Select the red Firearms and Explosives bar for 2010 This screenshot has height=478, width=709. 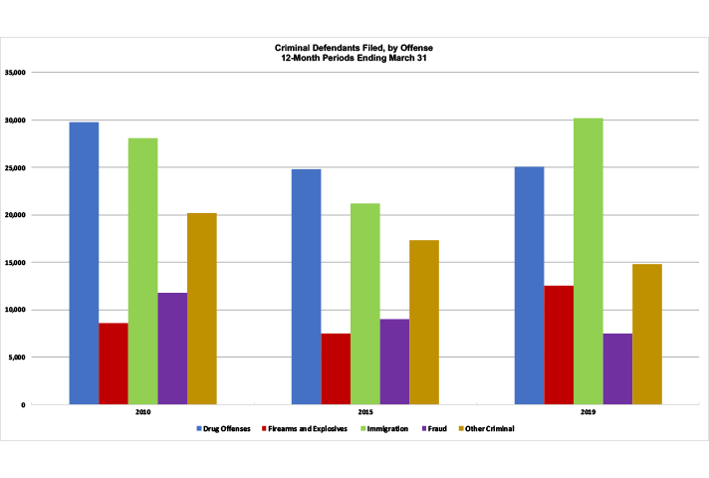point(113,363)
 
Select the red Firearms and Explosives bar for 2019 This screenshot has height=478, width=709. point(558,345)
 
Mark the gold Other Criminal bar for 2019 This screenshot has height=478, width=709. point(647,334)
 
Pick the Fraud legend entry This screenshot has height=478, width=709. point(435,428)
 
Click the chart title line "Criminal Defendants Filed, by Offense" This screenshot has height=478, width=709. point(354,48)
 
